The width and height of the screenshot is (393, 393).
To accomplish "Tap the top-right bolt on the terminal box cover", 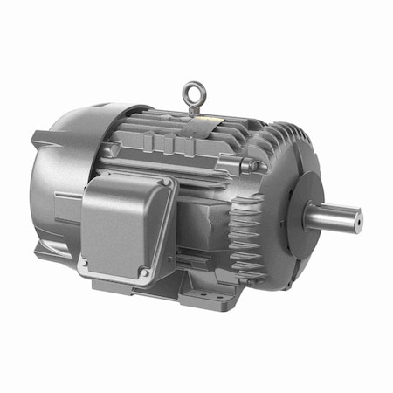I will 165,183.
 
